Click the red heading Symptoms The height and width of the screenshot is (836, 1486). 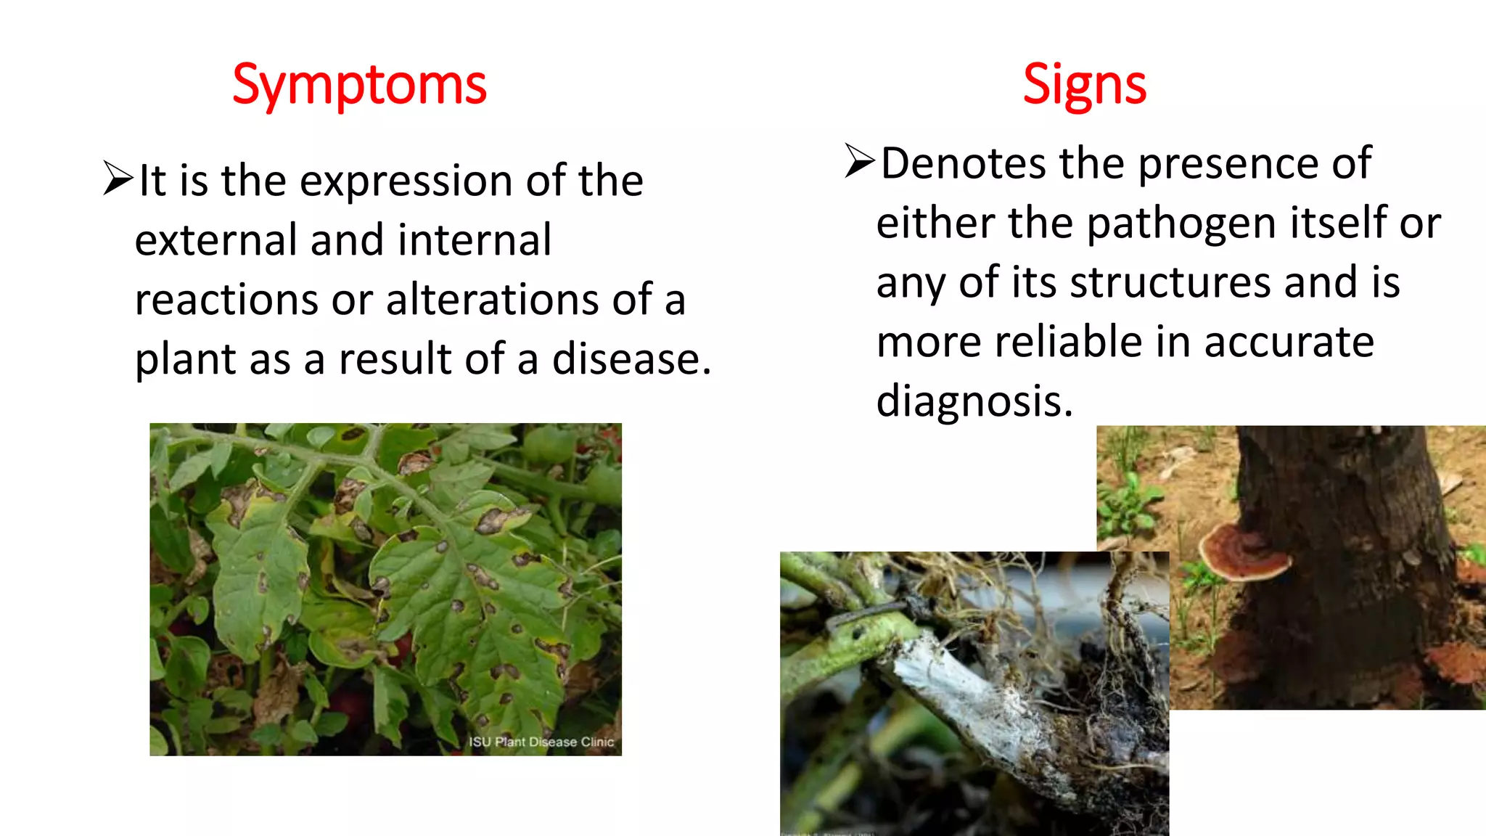[x=359, y=86]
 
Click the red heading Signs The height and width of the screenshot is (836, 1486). [x=1084, y=86]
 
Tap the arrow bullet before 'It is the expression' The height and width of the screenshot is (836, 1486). [x=118, y=179]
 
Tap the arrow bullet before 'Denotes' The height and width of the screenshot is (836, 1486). [x=861, y=160]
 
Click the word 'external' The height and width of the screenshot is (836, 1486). [x=215, y=240]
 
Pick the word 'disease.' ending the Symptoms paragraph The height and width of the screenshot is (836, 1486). [x=631, y=359]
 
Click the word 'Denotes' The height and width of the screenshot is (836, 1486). [x=963, y=163]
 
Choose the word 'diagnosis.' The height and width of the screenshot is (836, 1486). [x=974, y=401]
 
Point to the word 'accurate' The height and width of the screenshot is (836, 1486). [x=1289, y=342]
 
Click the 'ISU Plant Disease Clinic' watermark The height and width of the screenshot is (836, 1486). [x=541, y=742]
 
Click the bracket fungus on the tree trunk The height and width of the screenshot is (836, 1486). [x=1243, y=553]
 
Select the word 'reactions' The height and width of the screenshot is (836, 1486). [x=226, y=300]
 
